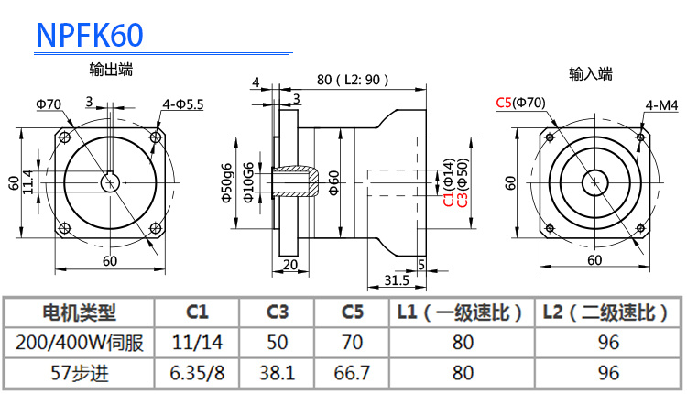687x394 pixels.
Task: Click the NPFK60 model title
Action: (x=90, y=34)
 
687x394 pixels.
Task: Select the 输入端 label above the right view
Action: (x=591, y=72)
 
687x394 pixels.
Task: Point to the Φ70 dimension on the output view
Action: (x=49, y=104)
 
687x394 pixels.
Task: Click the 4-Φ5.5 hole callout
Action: (x=183, y=104)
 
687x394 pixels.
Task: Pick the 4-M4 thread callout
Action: (x=660, y=105)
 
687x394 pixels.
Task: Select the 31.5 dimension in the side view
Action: (x=397, y=279)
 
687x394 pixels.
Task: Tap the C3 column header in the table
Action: (x=278, y=313)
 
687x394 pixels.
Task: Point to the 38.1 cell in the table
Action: (x=278, y=373)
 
